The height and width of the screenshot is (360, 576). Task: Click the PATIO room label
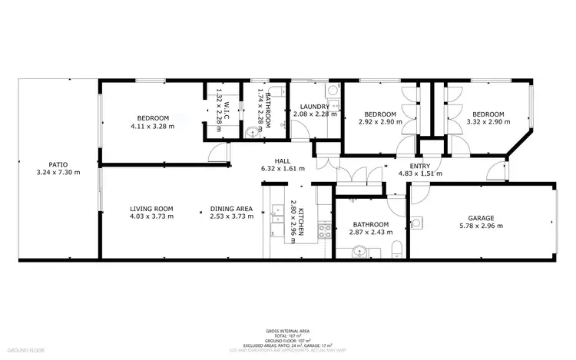click(x=58, y=164)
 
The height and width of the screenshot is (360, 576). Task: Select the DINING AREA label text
click(x=231, y=209)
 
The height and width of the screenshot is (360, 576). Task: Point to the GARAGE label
click(x=481, y=218)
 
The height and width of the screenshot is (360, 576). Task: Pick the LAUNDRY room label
click(x=315, y=107)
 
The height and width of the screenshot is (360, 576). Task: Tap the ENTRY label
click(x=419, y=166)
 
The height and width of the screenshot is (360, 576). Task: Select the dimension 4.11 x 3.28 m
click(x=151, y=126)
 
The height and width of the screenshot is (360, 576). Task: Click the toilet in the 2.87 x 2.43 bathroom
click(x=394, y=248)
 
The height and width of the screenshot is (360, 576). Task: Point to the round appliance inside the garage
click(x=415, y=224)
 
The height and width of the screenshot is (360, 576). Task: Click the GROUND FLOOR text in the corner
click(x=27, y=349)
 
